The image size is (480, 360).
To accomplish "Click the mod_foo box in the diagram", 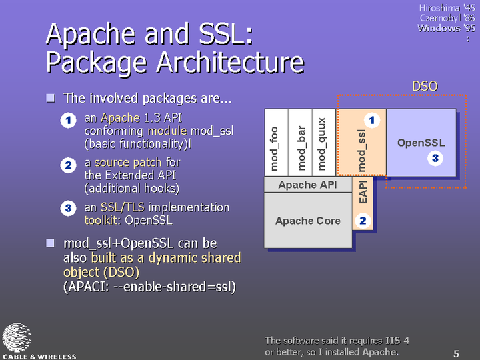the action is [x=276, y=143].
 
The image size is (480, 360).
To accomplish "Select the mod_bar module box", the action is [x=300, y=143].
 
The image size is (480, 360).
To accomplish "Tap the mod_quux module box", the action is [x=324, y=143].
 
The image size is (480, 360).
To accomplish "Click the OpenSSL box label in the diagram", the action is [x=421, y=143].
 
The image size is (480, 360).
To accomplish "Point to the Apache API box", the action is [x=308, y=185].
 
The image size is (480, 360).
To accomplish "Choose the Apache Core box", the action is [x=308, y=221].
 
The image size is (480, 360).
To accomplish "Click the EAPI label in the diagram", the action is [x=363, y=192].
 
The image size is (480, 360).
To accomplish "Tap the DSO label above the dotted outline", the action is [x=425, y=86].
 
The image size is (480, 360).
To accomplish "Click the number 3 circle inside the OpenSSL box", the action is [x=435, y=158].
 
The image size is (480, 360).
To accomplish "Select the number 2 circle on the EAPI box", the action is [x=363, y=221].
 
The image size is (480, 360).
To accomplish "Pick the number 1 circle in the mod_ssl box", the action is [x=372, y=120].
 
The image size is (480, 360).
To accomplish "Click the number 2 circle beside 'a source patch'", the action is [x=68, y=165].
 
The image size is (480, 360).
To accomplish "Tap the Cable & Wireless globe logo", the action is [x=17, y=337].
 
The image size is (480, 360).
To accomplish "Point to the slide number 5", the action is [x=456, y=353].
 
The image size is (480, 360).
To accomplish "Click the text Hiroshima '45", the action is [x=447, y=8].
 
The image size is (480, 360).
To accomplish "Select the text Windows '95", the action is [x=446, y=28].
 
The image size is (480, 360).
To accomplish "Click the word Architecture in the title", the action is [x=230, y=62].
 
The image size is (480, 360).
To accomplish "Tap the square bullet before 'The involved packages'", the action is [x=51, y=98].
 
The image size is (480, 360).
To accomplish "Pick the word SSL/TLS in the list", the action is [x=123, y=207].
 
